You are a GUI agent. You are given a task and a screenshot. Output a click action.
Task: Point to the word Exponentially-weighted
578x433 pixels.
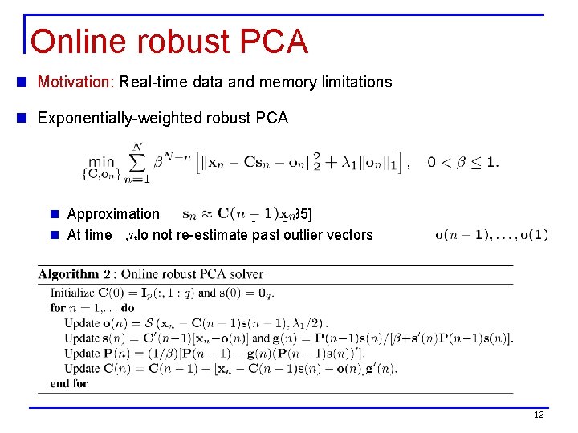point(106,119)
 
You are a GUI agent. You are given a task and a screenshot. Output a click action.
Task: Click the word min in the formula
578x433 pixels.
point(101,163)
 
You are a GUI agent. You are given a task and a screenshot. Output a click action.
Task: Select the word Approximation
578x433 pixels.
point(113,214)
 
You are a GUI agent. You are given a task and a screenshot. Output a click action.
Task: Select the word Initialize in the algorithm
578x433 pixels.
point(74,293)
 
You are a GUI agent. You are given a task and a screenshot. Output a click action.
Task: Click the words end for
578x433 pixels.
point(69,384)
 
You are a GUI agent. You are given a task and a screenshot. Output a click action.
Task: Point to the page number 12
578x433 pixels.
point(539,414)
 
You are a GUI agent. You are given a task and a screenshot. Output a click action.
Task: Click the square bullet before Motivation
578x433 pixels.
point(27,82)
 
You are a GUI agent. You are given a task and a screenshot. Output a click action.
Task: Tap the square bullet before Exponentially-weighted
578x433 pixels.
point(27,119)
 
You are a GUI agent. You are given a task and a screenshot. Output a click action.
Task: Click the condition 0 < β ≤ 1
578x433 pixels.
point(462,163)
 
